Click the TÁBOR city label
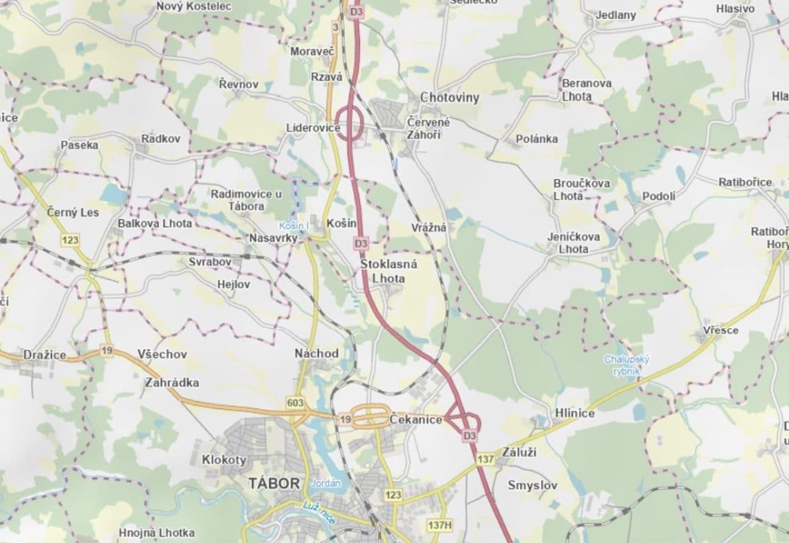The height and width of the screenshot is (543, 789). (x=274, y=483)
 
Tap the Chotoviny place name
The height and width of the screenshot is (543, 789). (x=449, y=98)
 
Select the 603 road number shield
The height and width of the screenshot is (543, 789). (x=295, y=403)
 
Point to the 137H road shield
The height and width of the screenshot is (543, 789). (x=439, y=525)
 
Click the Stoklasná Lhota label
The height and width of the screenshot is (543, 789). (x=388, y=271)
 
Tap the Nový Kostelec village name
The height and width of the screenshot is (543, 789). (x=194, y=6)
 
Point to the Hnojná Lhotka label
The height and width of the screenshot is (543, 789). (x=156, y=533)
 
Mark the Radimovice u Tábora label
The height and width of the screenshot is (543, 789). (x=246, y=200)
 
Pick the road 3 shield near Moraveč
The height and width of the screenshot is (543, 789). (x=335, y=27)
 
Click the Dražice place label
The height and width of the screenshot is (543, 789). (x=45, y=354)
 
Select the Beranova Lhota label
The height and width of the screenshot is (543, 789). (x=587, y=90)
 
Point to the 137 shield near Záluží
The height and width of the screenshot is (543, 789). (x=485, y=459)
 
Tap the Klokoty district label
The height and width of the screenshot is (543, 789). (x=224, y=460)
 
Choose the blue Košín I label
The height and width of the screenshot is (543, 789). (x=294, y=225)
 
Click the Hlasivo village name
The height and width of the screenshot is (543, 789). (x=735, y=9)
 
